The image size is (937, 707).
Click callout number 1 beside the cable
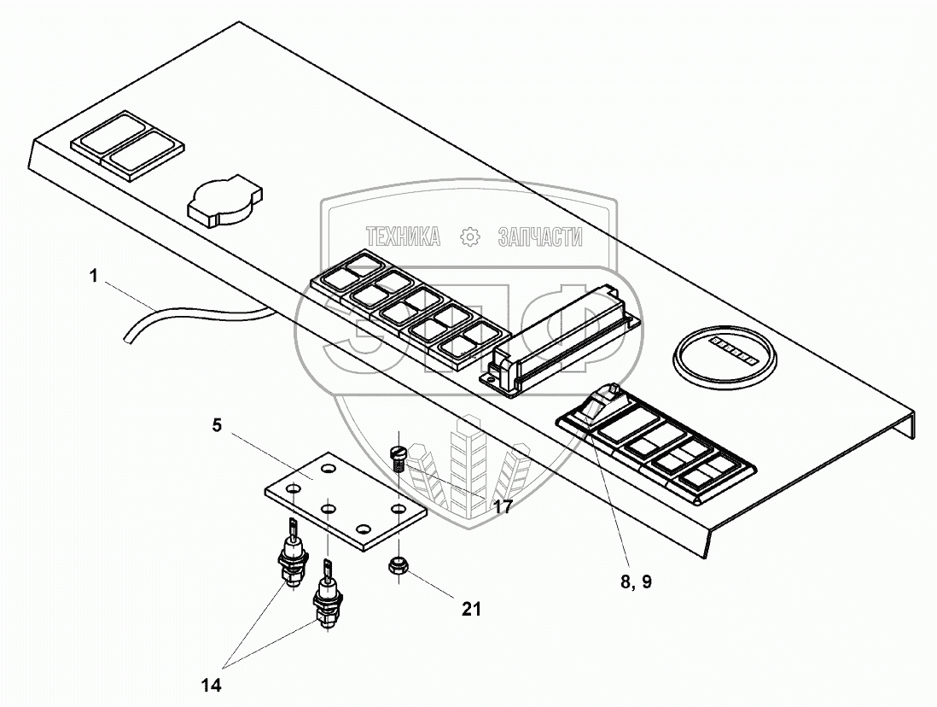point(93,277)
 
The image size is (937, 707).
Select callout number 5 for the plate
point(216,425)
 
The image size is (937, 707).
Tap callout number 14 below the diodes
point(211,685)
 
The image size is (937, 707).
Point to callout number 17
point(503,506)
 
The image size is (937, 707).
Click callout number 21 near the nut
point(472,609)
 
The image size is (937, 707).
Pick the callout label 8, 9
point(636,581)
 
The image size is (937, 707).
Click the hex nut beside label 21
point(399,565)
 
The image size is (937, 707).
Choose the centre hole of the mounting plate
point(328,509)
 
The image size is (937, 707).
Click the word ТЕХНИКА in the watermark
point(403,237)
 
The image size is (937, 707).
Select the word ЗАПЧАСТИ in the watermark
point(540,237)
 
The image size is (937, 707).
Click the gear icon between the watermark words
point(470,237)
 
